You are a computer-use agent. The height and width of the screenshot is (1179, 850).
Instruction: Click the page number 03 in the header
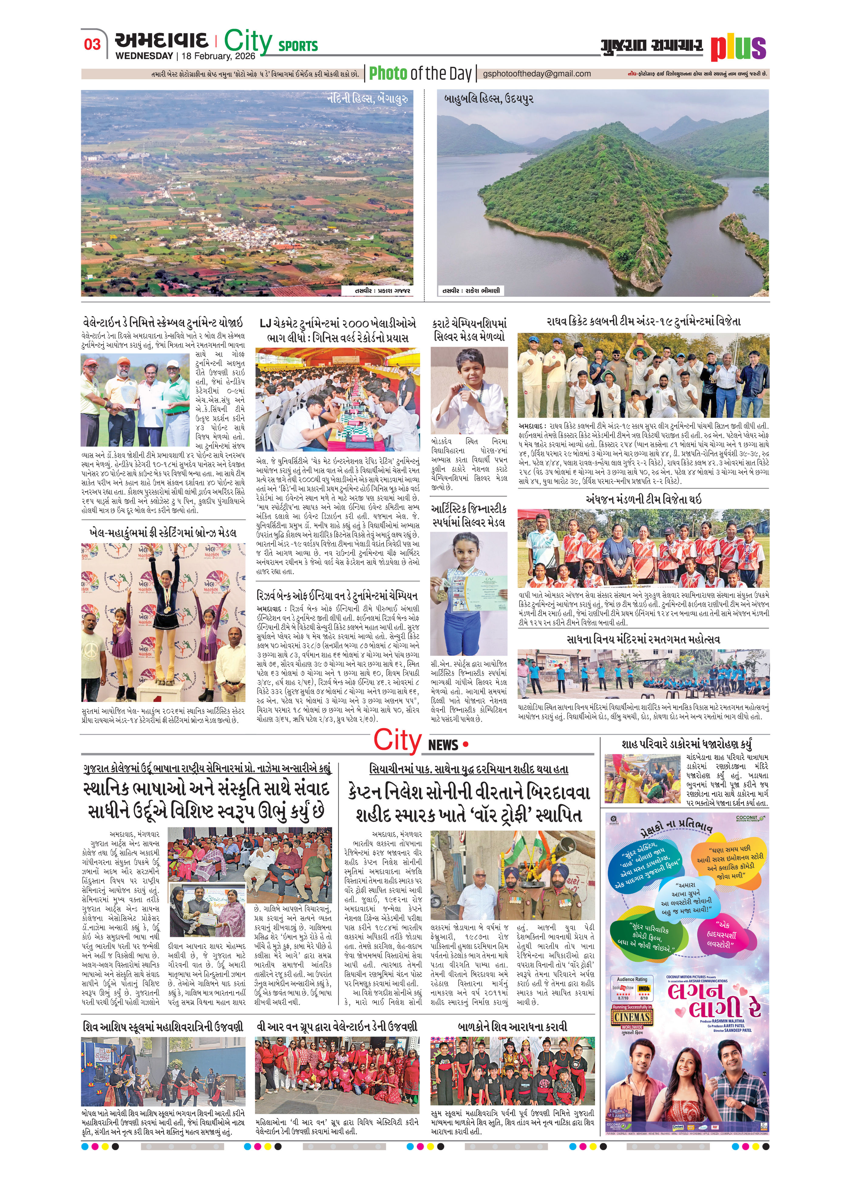(92, 44)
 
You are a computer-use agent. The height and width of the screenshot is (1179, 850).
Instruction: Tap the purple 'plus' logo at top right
(738, 48)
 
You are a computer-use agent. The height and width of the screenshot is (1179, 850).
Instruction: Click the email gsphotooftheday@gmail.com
(536, 74)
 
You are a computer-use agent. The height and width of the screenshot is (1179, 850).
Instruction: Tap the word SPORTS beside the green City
(298, 46)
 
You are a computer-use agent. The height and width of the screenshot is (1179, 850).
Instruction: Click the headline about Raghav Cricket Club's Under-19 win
(644, 322)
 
